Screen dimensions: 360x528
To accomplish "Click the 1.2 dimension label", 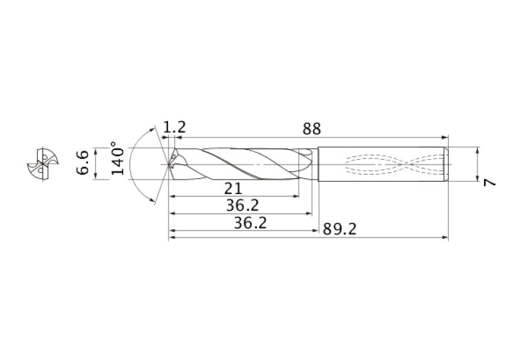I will coord(175,128).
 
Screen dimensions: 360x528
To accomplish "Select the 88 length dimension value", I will coord(311,129).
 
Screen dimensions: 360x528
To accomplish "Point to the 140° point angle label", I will coord(118,160).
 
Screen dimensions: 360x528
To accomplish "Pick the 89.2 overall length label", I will coord(340,229).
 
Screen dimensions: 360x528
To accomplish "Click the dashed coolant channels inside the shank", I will coord(392,165).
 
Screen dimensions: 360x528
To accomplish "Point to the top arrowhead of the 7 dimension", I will coord(477,149).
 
